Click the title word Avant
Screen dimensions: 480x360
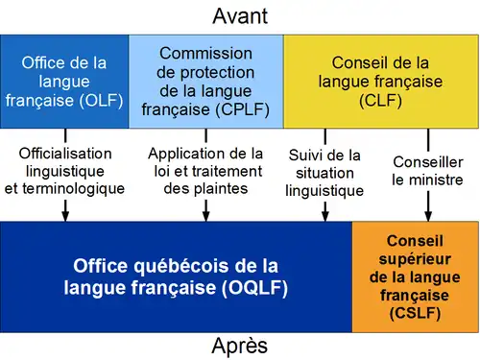click(x=240, y=15)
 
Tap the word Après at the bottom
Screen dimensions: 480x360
click(x=240, y=345)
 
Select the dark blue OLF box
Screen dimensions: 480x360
click(x=64, y=82)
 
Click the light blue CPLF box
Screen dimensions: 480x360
click(x=205, y=82)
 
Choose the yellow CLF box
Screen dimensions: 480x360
click(x=380, y=82)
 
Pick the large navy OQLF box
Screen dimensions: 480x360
click(x=177, y=276)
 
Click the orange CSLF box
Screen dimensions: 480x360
click(x=416, y=276)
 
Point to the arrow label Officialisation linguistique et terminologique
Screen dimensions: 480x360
click(x=64, y=171)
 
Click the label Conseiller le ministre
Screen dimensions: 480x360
click(x=427, y=171)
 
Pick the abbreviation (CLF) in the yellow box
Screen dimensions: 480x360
click(x=380, y=99)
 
